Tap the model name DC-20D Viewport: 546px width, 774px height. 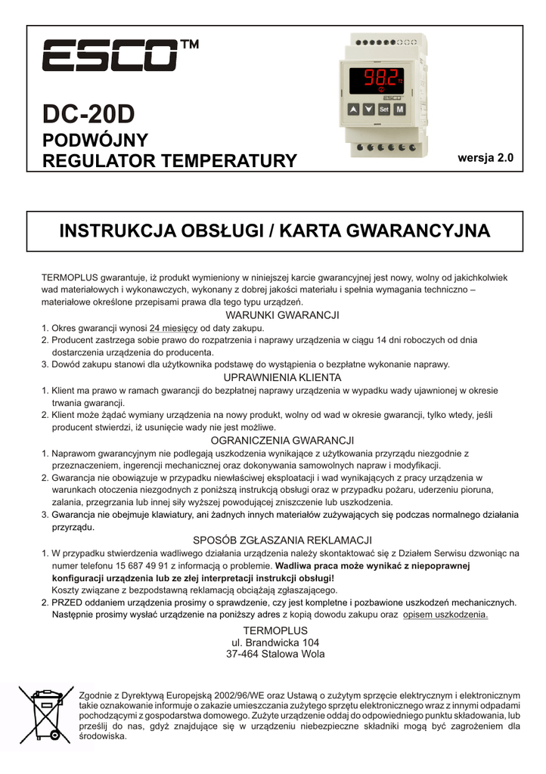(x=88, y=113)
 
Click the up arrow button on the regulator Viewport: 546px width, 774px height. (x=353, y=110)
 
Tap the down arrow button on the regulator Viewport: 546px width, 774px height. (x=368, y=110)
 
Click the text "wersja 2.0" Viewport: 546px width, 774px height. (x=486, y=158)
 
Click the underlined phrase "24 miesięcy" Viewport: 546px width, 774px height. (x=174, y=328)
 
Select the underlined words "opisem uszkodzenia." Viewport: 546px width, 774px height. (x=445, y=615)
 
